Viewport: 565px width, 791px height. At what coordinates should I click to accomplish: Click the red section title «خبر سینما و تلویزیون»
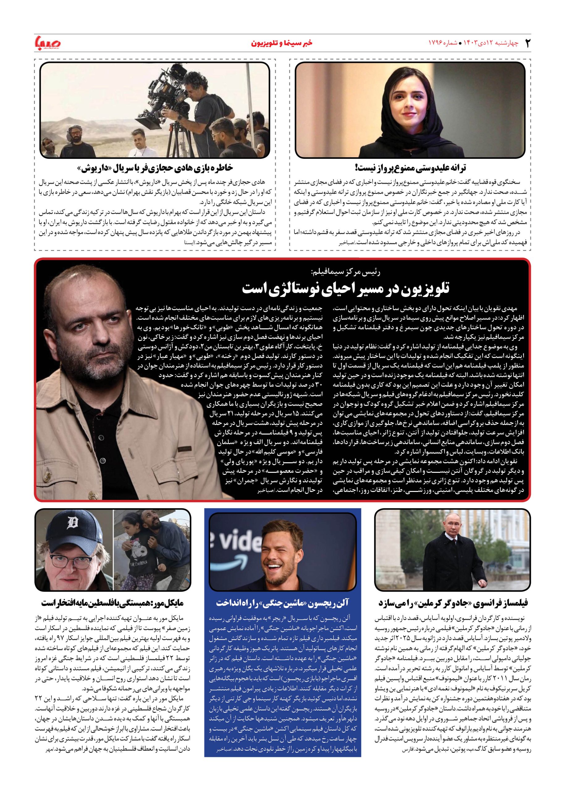point(282,43)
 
